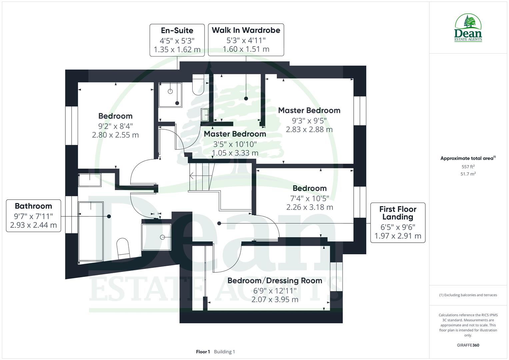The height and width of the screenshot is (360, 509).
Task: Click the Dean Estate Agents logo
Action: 468,28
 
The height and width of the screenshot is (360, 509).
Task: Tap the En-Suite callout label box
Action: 177,40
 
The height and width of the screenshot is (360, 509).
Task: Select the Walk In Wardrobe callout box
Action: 246,40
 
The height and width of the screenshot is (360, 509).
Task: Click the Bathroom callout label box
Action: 33,216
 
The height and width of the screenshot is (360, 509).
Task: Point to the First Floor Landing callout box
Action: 398,222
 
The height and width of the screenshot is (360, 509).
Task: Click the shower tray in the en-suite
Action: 170,95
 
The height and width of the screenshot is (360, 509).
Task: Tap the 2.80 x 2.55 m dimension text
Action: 115,135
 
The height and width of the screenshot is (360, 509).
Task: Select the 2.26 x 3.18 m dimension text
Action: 310,207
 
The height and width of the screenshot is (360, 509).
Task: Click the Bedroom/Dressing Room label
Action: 275,280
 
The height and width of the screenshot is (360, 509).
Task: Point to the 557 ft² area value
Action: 468,167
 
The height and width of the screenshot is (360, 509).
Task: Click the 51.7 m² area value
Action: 468,174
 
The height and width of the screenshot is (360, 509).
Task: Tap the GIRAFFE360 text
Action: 468,345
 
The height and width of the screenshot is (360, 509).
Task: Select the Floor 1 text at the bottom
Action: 203,352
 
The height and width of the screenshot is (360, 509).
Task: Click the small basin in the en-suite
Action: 205,115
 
